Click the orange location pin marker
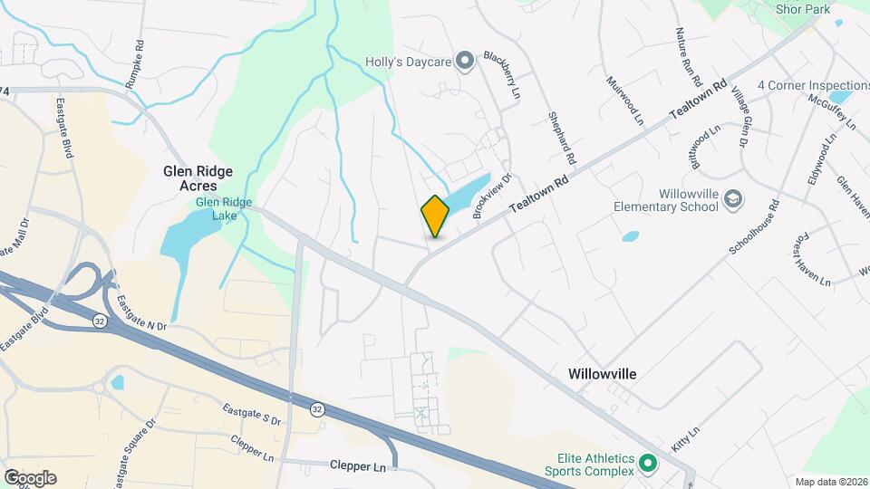(435, 216)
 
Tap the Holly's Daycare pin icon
(465, 62)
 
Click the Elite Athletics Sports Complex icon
(647, 464)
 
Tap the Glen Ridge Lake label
(224, 209)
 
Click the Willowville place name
(603, 373)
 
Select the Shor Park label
(802, 9)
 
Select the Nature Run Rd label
(689, 56)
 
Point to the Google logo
(30, 478)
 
